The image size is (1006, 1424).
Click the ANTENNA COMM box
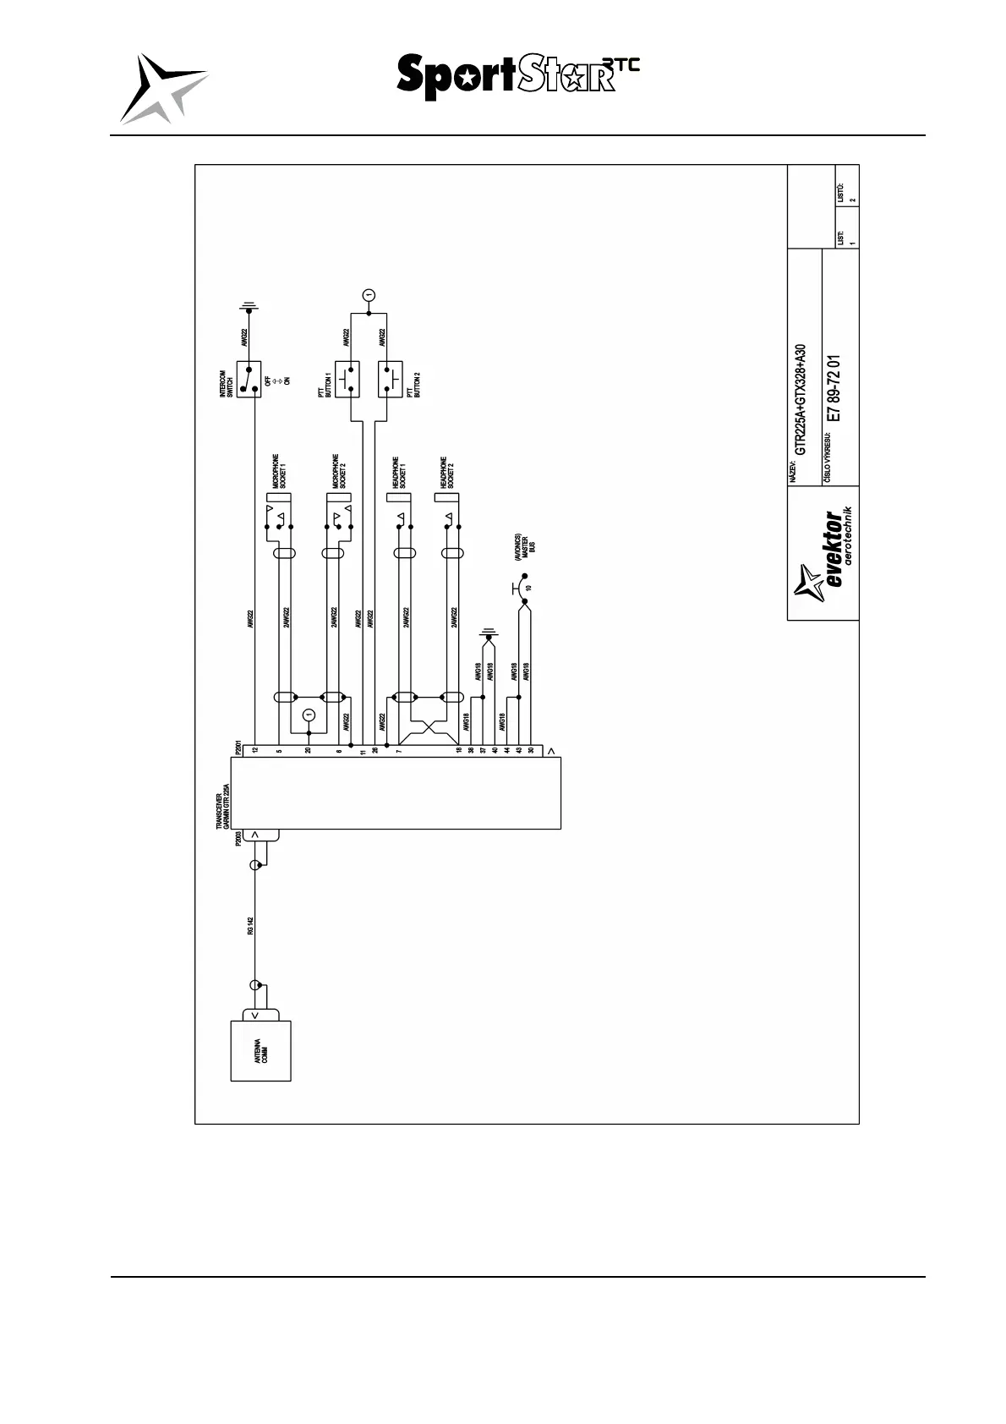pos(261,1050)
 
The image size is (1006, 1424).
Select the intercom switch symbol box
pos(249,380)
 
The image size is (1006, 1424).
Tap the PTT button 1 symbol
pos(347,379)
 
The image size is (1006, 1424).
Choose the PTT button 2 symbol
pos(391,380)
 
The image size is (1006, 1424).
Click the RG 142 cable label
pos(251,926)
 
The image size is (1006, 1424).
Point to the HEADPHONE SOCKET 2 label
pos(448,474)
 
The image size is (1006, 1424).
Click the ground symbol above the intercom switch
pos(249,305)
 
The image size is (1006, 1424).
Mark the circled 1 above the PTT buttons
pos(369,294)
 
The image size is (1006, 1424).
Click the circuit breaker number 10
pos(528,587)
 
